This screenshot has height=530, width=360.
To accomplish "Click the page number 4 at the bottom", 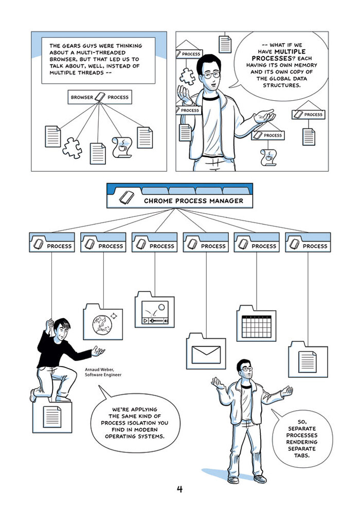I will pos(179,489).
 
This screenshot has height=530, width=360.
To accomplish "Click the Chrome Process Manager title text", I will pos(193,200).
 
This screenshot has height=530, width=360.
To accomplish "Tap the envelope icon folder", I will pos(206,354).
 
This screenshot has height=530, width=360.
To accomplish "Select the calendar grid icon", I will pos(256,325).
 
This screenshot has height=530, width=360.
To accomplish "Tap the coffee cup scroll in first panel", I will pos(122,147).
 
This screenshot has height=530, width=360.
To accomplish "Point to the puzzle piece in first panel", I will pos(71,148).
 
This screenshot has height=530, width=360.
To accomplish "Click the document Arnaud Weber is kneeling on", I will pos(51,415).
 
